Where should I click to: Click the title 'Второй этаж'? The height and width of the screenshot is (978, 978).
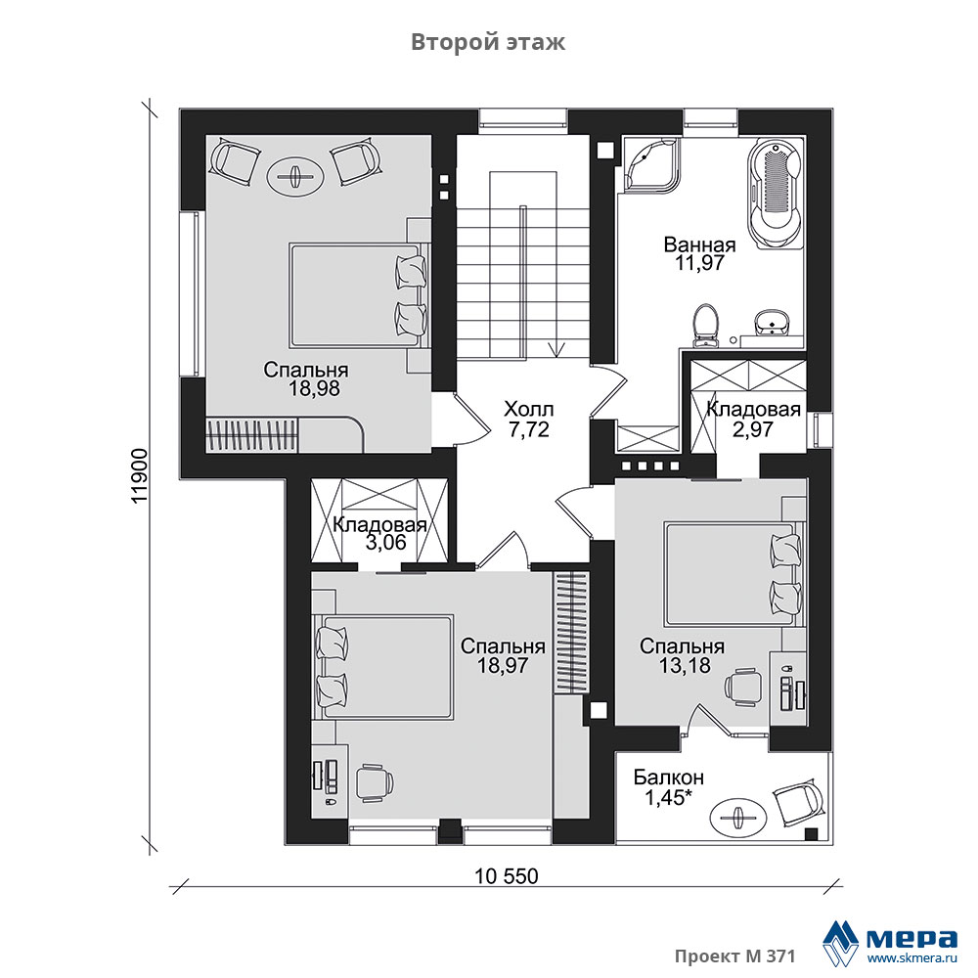(x=488, y=42)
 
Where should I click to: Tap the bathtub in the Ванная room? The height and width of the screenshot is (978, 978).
(x=775, y=195)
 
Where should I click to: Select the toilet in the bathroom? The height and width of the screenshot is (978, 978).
(x=706, y=325)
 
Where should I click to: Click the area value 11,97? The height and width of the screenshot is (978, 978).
(x=699, y=263)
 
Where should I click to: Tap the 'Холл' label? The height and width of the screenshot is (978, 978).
(x=528, y=410)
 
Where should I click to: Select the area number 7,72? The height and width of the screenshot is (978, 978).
(x=528, y=429)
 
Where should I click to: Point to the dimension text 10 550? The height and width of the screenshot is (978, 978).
(x=506, y=876)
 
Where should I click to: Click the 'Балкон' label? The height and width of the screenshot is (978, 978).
(x=669, y=778)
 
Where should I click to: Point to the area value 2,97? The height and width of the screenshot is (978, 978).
(x=753, y=429)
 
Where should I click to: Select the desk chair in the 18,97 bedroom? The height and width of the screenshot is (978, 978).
(x=375, y=782)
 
